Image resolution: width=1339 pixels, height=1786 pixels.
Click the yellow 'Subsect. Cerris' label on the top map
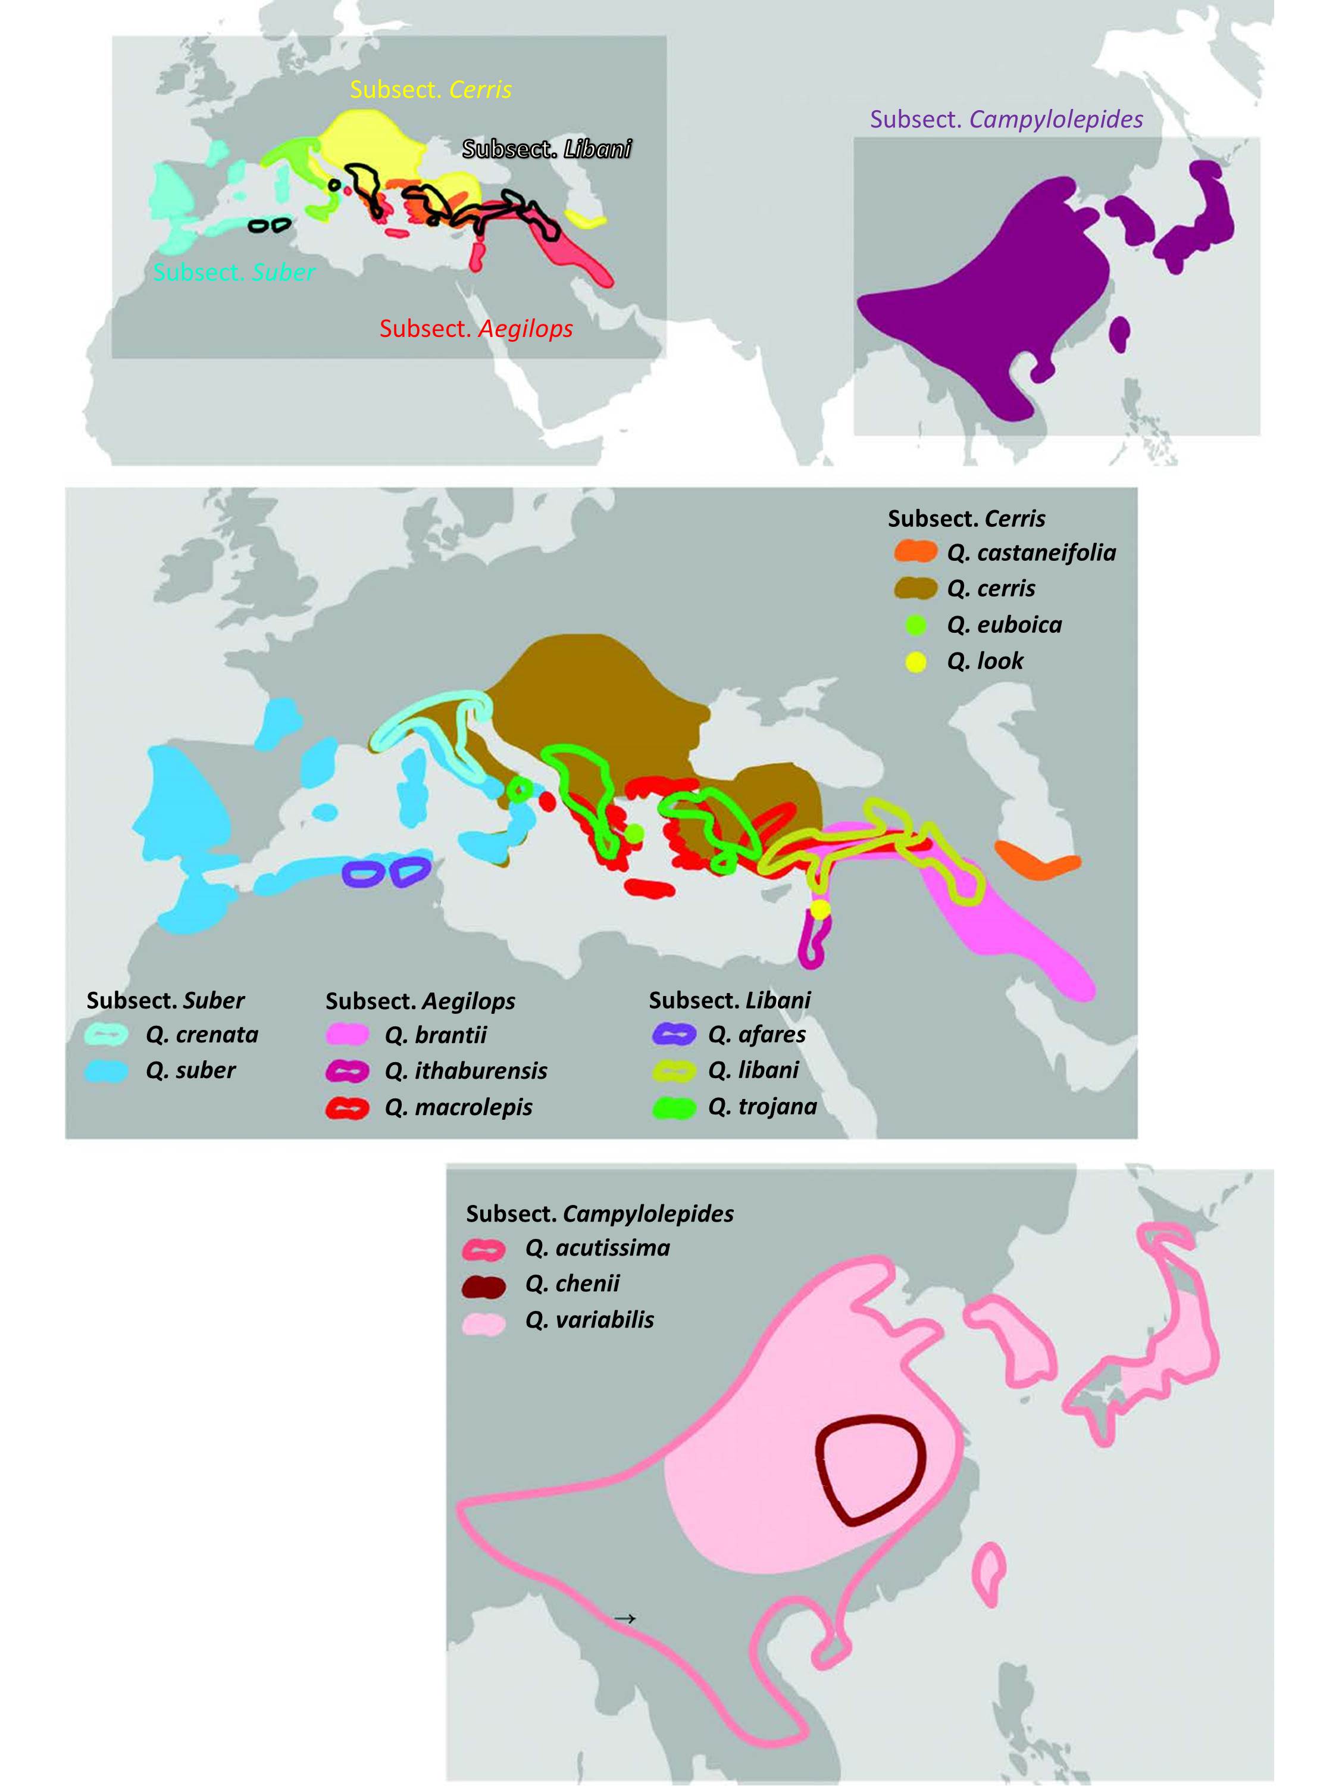coord(430,90)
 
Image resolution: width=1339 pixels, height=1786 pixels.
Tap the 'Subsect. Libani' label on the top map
coord(546,149)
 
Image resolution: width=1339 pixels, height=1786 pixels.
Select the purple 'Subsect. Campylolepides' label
coord(1006,120)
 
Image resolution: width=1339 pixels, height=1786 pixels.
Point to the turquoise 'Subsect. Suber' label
coord(234,273)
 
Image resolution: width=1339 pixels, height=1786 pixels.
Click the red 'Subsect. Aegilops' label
coord(476,329)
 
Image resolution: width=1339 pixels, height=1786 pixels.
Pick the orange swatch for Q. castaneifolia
coord(915,552)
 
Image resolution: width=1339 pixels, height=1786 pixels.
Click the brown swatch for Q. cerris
coord(915,589)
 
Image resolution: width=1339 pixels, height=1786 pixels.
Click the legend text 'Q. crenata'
coord(202,1034)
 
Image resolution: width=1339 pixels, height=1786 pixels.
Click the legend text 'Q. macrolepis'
coord(458,1107)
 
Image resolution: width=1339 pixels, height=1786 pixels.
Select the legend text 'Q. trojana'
coord(762,1106)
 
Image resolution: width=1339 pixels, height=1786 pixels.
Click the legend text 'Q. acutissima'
coord(597,1248)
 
